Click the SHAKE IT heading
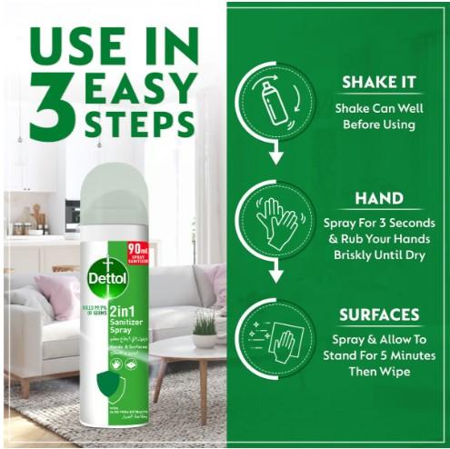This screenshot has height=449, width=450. pyautogui.click(x=378, y=82)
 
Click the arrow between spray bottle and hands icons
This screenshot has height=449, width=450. pyautogui.click(x=271, y=155)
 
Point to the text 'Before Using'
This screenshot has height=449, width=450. pyautogui.click(x=378, y=125)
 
